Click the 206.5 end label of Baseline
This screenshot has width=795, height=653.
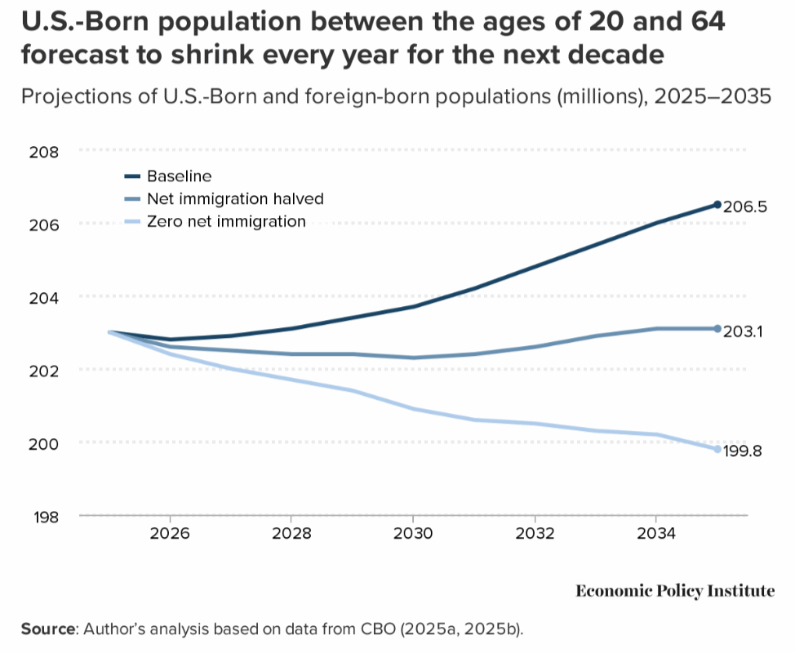tap(746, 207)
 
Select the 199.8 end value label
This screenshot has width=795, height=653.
tap(743, 451)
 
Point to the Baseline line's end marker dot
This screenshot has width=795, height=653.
tap(717, 204)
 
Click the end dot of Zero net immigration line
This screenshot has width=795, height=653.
tap(717, 449)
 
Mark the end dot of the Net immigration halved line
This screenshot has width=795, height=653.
tap(717, 328)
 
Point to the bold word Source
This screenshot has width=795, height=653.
tap(47, 629)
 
